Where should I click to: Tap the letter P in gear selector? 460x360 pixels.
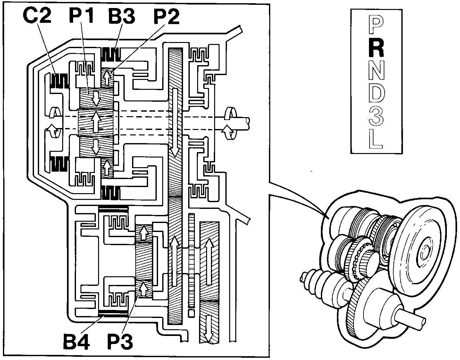pos(376,25)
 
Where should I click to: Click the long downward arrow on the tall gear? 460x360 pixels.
pos(175,123)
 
